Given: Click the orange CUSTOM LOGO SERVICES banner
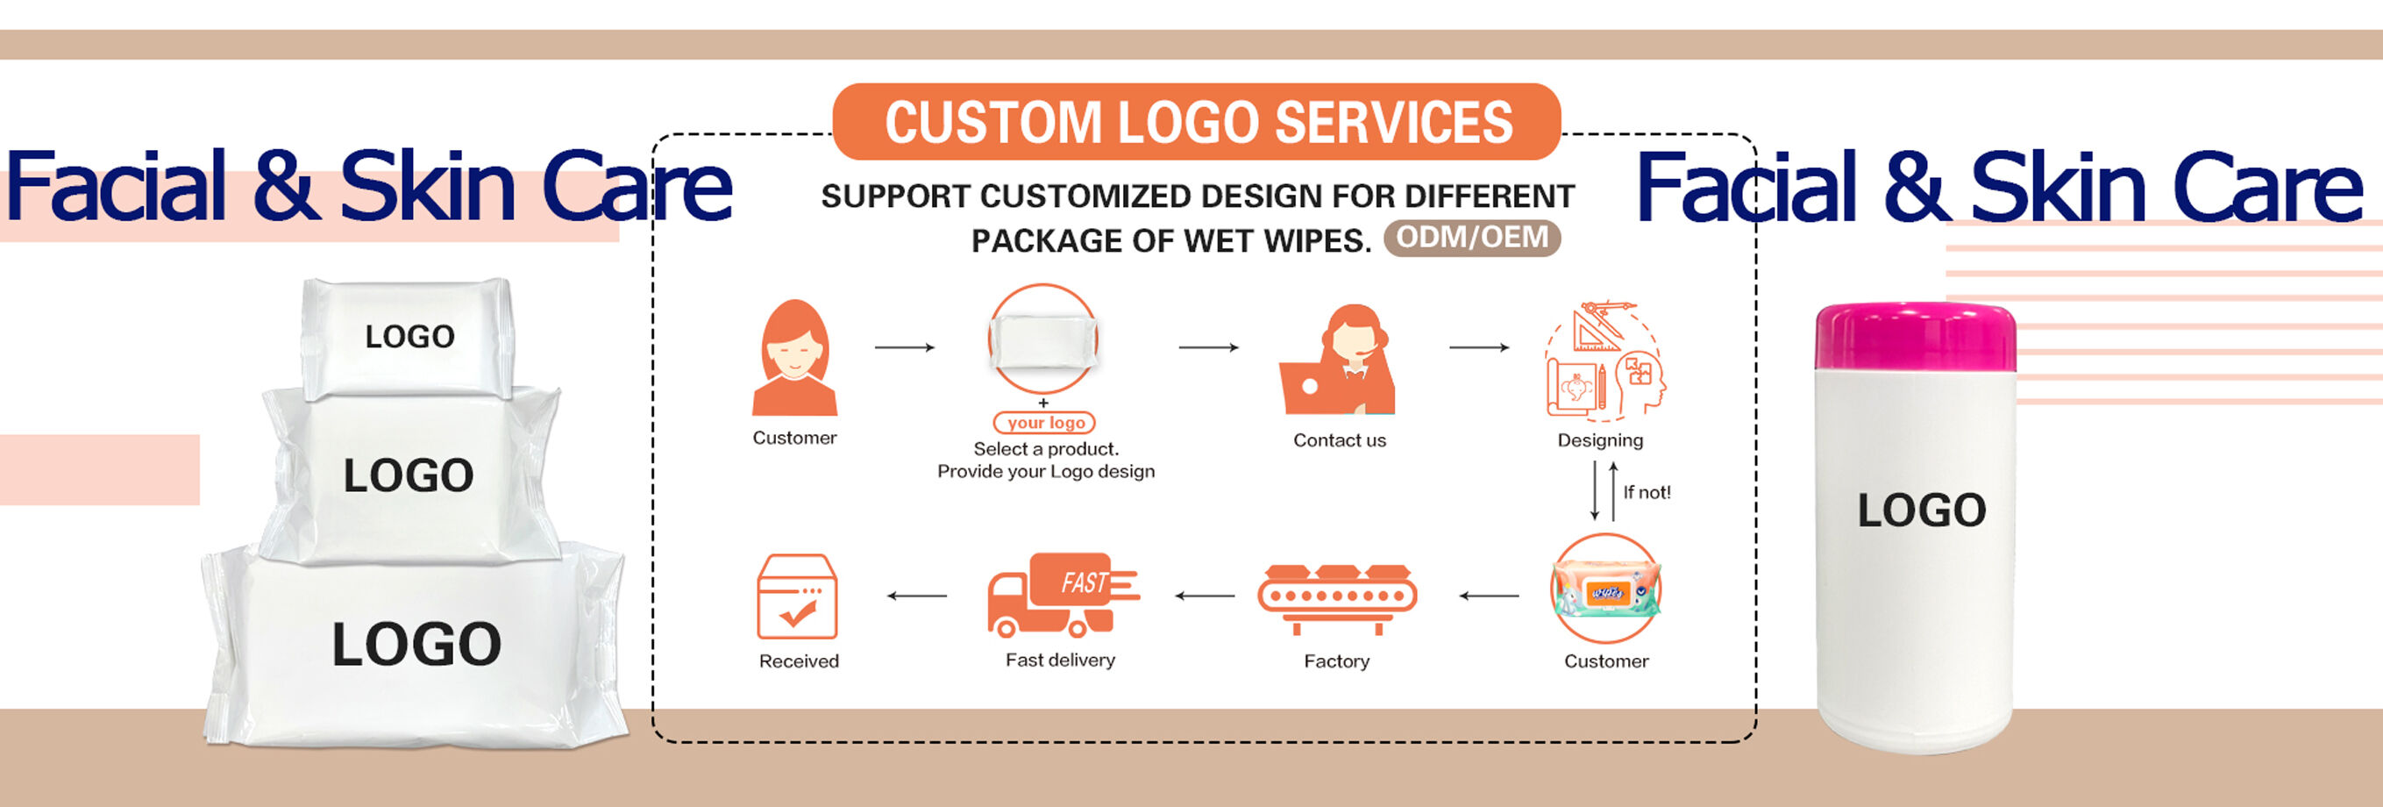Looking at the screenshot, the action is pos(1197,121).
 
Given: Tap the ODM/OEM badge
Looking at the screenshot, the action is pos(1472,238).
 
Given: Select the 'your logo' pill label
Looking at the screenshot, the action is pos(1044,423).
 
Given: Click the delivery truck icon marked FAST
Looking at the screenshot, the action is pos(1063,595).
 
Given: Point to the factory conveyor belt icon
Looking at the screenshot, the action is pos(1337,599).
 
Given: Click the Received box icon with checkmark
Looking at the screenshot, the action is pos(798,597).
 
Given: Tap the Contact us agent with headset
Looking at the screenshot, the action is pos(1337,360).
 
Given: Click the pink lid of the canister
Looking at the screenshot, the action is pos(1915,337).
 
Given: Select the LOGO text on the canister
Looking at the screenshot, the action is pos(1921,510).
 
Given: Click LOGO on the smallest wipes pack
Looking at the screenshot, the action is pos(409,336).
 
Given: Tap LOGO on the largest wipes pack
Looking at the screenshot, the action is pos(416,644).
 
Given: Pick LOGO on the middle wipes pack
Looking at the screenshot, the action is pos(408,475).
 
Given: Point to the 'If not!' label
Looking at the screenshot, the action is pos(1647,492).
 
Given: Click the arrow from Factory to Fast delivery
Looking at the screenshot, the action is pos(1205,596).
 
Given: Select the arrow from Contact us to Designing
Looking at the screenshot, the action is pos(1479,347).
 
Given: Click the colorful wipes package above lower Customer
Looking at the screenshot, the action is pos(1605,589).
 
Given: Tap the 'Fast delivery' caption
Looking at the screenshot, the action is pos(1060,660).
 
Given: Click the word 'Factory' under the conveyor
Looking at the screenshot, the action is pos(1337,661).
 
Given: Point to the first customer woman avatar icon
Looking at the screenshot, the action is pos(794,357).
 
